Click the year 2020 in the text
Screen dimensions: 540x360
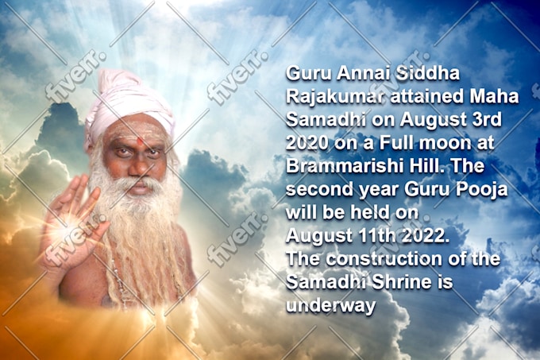coord(307,143)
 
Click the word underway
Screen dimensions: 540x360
coord(330,306)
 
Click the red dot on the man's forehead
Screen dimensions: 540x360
coord(141,141)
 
